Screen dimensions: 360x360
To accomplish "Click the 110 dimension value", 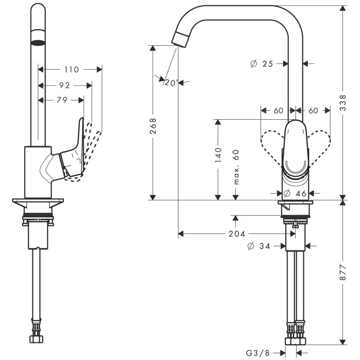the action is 72,69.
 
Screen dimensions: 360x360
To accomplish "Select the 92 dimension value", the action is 64,85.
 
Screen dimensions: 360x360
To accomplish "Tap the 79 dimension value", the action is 62,100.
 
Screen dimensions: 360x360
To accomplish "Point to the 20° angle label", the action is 171,83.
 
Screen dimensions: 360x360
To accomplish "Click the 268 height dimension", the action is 153,126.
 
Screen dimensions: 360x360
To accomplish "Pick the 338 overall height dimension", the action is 343,103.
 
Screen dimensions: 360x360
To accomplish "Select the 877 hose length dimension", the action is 343,272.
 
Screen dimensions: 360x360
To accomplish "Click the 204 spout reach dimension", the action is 237,234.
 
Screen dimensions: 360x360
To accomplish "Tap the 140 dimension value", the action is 218,155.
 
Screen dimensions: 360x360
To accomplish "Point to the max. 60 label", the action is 236,167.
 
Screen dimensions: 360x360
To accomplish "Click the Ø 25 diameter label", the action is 261,63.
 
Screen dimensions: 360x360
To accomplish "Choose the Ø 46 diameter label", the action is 295,193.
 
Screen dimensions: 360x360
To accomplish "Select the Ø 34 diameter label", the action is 259,246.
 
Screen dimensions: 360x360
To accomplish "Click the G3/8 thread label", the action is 257,352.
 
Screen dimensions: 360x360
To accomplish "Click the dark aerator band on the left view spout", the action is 38,43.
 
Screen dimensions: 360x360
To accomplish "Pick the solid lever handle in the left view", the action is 72,149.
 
